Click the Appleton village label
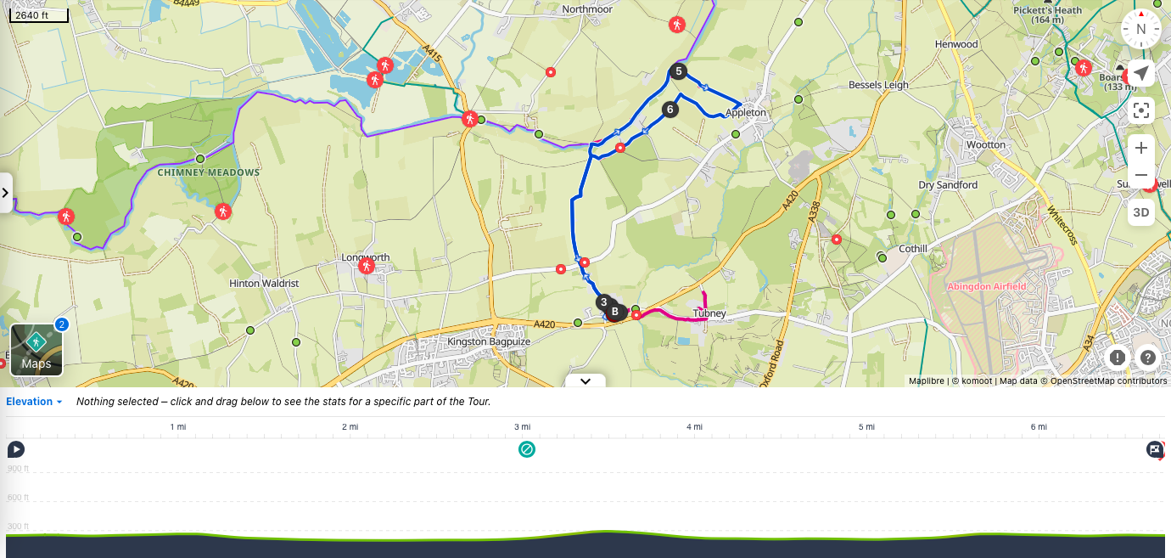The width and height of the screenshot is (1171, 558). [745, 112]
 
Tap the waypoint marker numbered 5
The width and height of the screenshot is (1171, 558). [678, 71]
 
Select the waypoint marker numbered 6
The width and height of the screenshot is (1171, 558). [670, 109]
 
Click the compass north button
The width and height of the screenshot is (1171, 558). [1140, 29]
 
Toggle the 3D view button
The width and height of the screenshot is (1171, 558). [1141, 212]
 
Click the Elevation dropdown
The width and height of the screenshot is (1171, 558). [35, 402]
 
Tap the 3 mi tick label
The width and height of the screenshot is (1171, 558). [523, 426]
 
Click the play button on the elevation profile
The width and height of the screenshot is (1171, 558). [15, 449]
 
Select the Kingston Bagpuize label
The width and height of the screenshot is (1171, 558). [489, 341]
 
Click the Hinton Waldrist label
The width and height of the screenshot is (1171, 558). [263, 283]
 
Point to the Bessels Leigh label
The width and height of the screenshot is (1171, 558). [878, 85]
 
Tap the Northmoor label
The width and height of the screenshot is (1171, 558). [587, 9]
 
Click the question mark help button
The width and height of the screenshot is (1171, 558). [1148, 358]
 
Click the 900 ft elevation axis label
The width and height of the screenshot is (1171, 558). [17, 469]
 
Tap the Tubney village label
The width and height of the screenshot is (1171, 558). [709, 313]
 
